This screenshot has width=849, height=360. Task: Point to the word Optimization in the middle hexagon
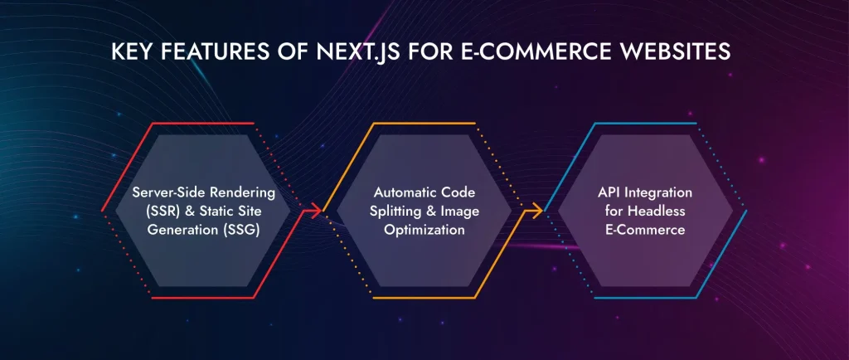[424, 231]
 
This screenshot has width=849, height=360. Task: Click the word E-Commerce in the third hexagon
[645, 231]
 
